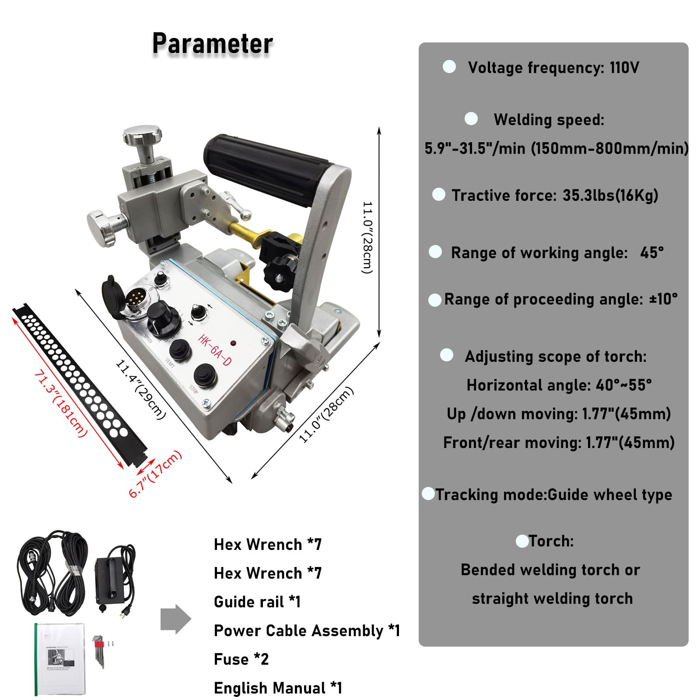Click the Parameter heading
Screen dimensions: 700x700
tap(212, 44)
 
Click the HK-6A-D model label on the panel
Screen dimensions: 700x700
tap(214, 350)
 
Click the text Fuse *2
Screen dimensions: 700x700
tap(241, 659)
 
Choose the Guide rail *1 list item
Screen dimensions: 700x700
tap(257, 602)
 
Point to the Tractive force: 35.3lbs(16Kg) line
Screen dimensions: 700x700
tap(554, 195)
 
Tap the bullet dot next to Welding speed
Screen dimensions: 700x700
tap(471, 119)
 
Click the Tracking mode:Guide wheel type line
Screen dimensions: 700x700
tap(553, 495)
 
